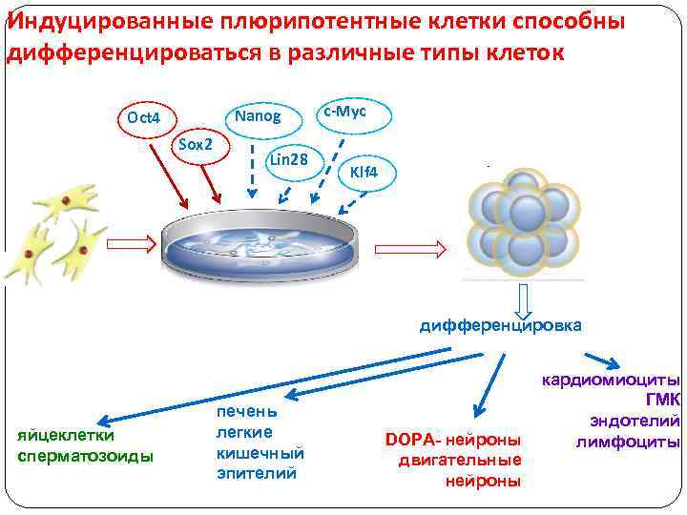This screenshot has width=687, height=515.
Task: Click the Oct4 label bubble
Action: click(x=143, y=119)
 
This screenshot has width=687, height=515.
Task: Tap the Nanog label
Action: click(x=258, y=116)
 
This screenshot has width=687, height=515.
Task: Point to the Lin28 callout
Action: click(x=288, y=159)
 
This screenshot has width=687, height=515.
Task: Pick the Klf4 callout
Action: click(x=364, y=173)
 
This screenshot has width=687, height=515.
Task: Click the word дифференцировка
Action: click(x=500, y=325)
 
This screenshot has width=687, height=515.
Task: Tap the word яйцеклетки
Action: click(x=67, y=436)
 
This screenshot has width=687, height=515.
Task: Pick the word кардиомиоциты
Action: click(x=611, y=380)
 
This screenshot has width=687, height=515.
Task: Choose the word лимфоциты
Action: click(x=628, y=442)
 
